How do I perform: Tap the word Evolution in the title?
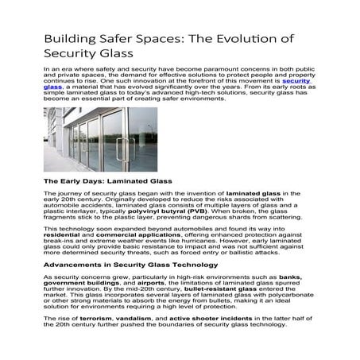click(x=246, y=39)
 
